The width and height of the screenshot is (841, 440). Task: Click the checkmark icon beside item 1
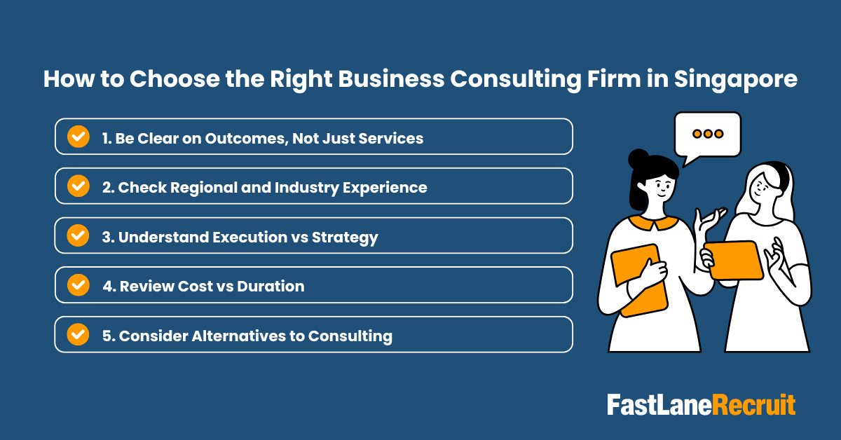click(78, 137)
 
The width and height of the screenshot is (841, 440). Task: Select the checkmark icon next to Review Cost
click(78, 285)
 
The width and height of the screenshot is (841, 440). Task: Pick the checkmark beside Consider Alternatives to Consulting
click(78, 335)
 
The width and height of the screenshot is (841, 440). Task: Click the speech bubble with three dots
click(706, 136)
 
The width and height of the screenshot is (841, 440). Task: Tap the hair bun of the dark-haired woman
click(638, 159)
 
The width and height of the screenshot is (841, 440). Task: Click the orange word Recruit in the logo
click(754, 406)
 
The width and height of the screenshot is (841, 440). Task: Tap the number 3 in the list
click(107, 238)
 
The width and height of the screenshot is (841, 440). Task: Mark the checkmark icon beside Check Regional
click(78, 186)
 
